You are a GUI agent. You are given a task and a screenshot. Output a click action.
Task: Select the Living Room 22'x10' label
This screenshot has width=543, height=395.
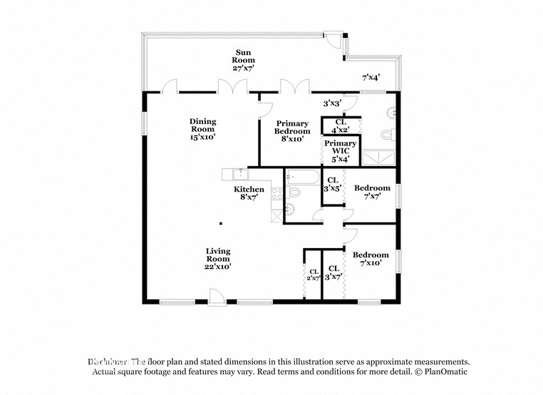[x=218, y=258]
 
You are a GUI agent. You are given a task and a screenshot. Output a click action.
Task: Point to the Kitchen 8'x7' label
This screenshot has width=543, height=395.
[x=249, y=193]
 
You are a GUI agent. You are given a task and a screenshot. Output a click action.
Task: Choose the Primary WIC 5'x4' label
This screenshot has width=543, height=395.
[x=340, y=151]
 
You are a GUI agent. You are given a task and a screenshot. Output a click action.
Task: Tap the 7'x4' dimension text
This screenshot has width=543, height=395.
[x=371, y=77]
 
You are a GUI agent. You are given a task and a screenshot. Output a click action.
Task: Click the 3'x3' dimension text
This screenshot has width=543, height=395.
[x=332, y=103]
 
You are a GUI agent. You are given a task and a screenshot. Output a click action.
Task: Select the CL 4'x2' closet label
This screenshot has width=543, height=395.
[x=340, y=126]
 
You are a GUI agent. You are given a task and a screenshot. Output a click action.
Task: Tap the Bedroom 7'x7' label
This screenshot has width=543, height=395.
[x=372, y=193]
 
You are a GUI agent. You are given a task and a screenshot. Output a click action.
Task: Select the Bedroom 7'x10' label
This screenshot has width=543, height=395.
[x=371, y=259]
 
